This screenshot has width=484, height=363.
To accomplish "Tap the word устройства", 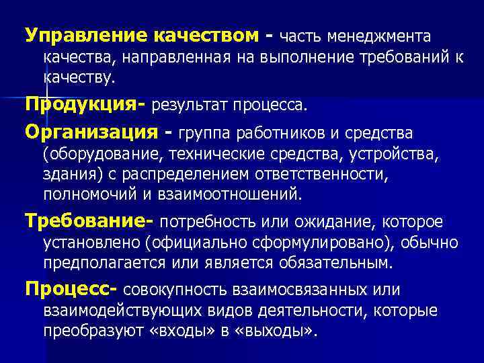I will [x=396, y=155].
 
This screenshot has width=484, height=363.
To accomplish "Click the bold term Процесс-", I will [x=71, y=288].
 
